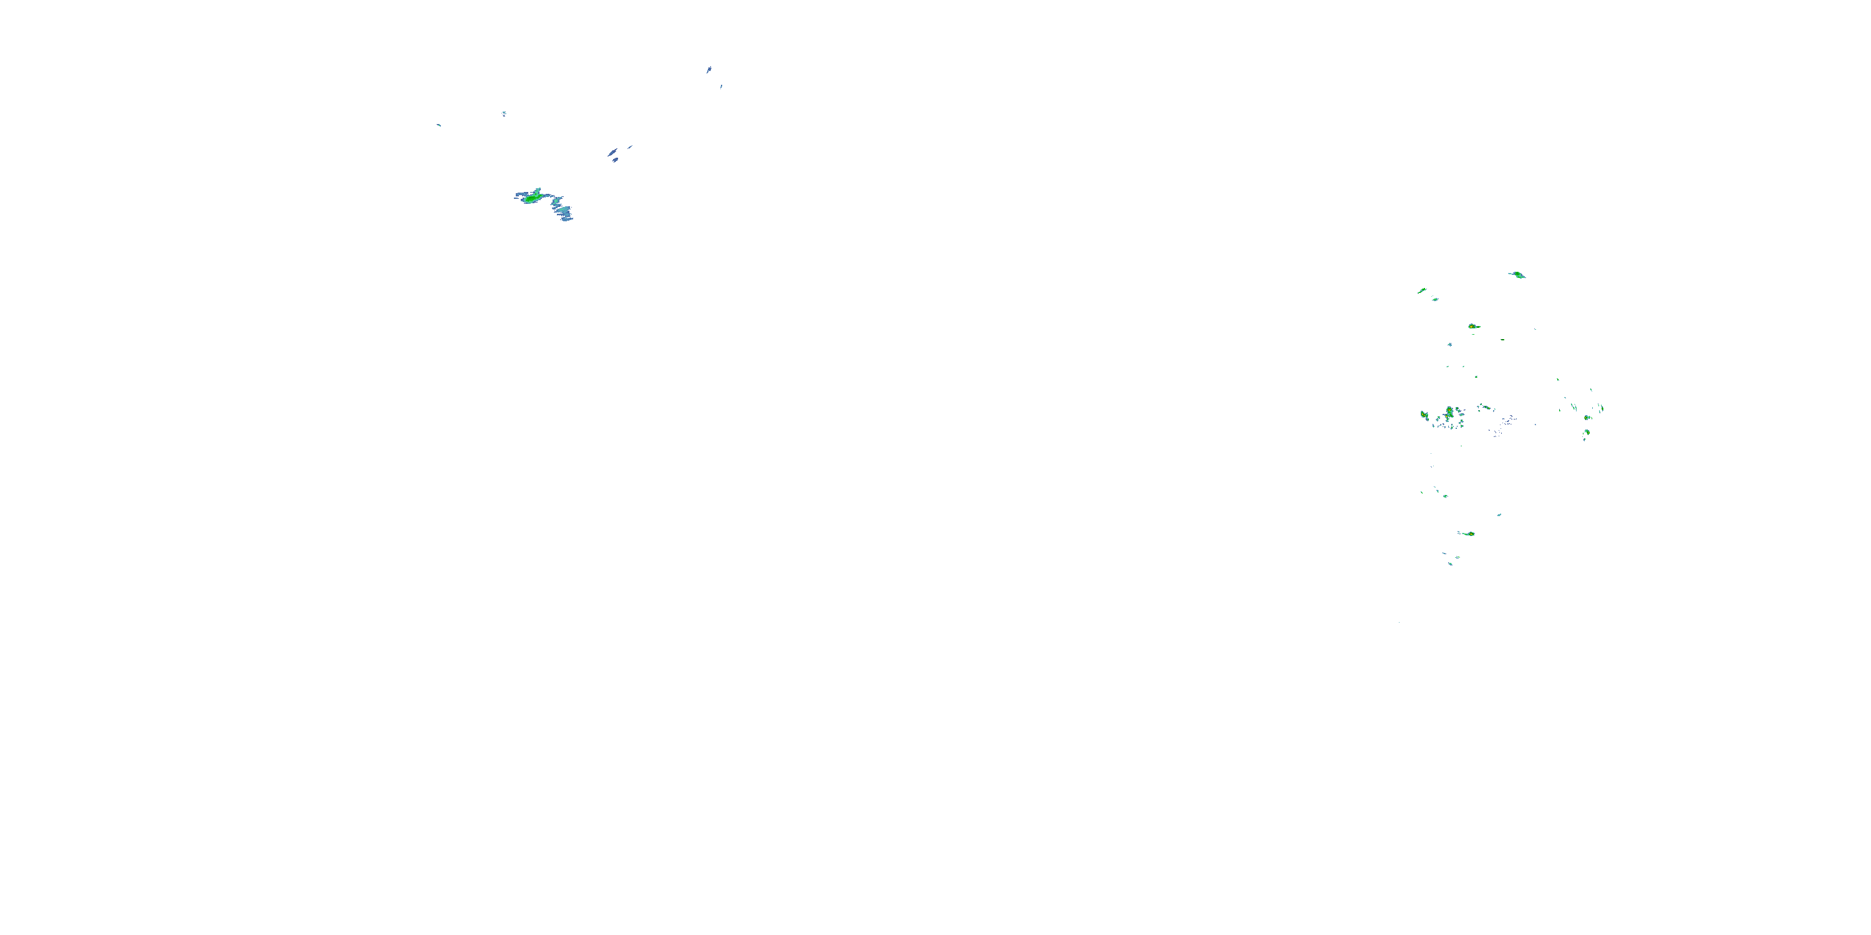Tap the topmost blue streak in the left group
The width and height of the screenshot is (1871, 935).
pyautogui.click(x=709, y=70)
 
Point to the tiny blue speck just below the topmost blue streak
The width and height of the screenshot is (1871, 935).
pyautogui.click(x=721, y=87)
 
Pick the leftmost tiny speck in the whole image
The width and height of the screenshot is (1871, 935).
pyautogui.click(x=438, y=125)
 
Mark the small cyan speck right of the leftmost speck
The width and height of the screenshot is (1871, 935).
pyautogui.click(x=503, y=113)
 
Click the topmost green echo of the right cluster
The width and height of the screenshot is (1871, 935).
pyautogui.click(x=1517, y=274)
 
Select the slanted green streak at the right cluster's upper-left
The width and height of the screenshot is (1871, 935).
pyautogui.click(x=1422, y=290)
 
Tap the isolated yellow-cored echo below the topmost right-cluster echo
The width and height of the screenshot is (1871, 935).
pyautogui.click(x=1472, y=327)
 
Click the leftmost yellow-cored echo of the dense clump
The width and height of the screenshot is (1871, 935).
pyautogui.click(x=1424, y=415)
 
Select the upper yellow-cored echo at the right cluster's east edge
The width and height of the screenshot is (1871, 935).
pyautogui.click(x=1588, y=418)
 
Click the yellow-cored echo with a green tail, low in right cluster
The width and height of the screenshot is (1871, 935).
pyautogui.click(x=1469, y=534)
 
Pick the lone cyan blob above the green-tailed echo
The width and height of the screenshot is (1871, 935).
pyautogui.click(x=1499, y=515)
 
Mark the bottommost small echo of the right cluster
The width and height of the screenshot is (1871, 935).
pyautogui.click(x=1451, y=563)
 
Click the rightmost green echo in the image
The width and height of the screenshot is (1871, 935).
pyautogui.click(x=1602, y=409)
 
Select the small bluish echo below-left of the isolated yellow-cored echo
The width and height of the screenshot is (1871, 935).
pyautogui.click(x=1450, y=345)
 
